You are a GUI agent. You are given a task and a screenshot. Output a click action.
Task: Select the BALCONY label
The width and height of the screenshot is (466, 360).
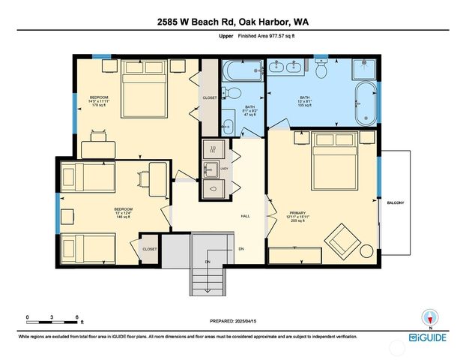(396, 202)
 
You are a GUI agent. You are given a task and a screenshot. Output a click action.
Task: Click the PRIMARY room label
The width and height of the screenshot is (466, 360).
(298, 213)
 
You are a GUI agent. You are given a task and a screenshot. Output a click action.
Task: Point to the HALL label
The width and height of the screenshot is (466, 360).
(245, 216)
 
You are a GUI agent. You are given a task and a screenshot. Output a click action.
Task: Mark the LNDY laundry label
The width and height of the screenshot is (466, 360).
(223, 169)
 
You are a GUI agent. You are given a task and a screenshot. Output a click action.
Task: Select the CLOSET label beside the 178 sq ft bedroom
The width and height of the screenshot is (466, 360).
(210, 98)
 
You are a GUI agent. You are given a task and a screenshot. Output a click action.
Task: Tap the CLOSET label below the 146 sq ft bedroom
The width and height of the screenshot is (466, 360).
(150, 249)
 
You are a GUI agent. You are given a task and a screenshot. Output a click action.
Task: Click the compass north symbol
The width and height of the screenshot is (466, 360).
(429, 317)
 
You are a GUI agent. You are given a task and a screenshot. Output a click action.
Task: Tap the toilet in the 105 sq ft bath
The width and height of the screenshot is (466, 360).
(322, 70)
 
